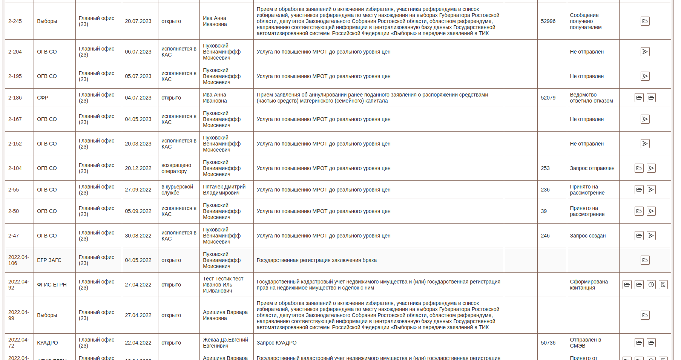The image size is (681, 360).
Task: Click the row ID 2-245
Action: pos(15,21)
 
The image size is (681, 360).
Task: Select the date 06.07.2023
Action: pos(138,52)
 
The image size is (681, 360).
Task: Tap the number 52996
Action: pos(548,21)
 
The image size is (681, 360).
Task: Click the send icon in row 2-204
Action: pos(645,52)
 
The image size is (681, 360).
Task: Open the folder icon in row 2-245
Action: pos(645,21)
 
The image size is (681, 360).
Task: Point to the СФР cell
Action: pos(43,98)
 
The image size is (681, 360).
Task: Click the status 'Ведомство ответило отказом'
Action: pos(591,98)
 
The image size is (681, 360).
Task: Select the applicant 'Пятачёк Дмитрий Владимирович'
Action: pos(224,190)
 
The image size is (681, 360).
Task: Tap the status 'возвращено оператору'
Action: pos(176,168)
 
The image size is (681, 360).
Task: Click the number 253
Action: pos(545,168)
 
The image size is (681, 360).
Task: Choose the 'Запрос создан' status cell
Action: pos(587,236)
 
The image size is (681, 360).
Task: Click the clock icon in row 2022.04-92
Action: pos(651,285)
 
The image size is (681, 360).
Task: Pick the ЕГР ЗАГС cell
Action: pos(49,260)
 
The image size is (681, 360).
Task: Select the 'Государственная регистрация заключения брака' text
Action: pos(316,260)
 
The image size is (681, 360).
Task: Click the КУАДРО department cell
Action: pos(48,343)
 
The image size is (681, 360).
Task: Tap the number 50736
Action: pos(548,343)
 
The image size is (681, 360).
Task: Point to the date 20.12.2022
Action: pos(138,168)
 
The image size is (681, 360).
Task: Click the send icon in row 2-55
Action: pos(651,190)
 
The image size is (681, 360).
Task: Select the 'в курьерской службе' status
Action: pos(177,190)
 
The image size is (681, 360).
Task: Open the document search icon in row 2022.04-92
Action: pos(663,285)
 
